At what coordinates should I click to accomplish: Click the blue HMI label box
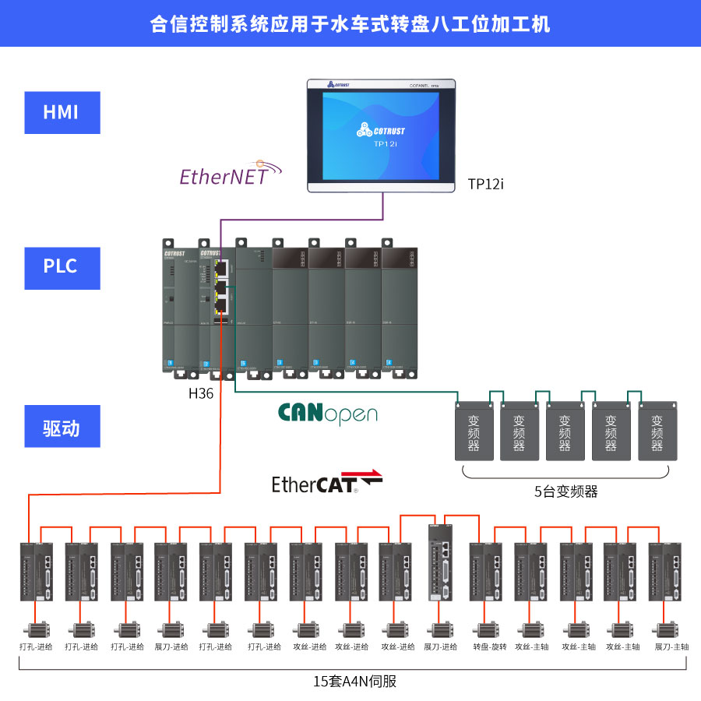(62, 112)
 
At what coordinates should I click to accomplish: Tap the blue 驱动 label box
(62, 427)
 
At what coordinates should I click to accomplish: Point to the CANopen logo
(327, 414)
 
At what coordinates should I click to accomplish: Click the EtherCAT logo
(326, 483)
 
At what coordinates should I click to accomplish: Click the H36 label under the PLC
(201, 394)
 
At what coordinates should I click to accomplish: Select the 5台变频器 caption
(566, 491)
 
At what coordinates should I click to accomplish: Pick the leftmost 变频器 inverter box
(474, 432)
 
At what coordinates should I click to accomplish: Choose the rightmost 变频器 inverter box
(657, 432)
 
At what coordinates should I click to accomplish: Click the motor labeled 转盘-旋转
(488, 629)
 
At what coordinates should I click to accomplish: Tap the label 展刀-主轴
(671, 647)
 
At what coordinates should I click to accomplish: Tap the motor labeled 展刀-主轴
(668, 629)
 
